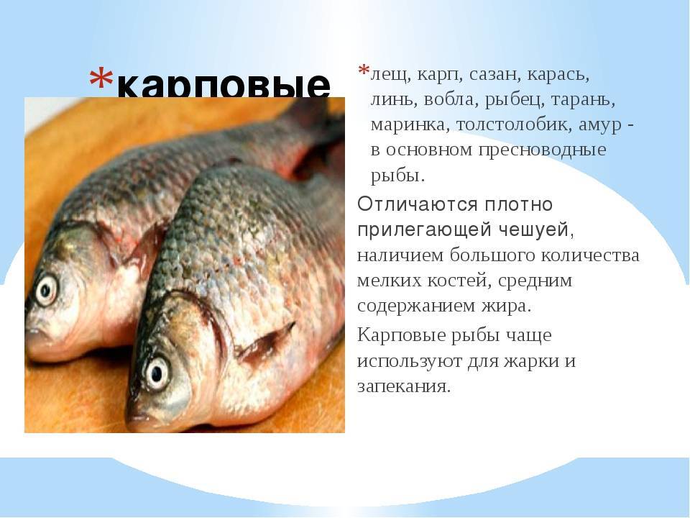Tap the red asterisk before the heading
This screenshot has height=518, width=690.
pos(101,79)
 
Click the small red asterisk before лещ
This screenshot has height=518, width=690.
pos(364,70)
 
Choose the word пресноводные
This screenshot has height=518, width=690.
pos(542,150)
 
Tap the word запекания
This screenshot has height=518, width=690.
pos(404,387)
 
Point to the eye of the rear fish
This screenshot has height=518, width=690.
pos(46,290)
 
